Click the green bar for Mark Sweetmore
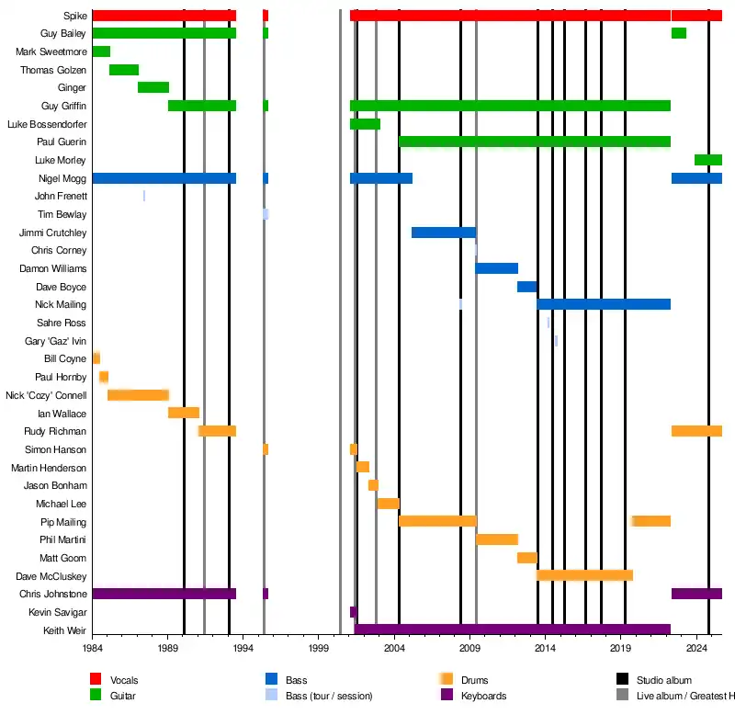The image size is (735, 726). tap(101, 51)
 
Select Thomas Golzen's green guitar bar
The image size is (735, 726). tap(124, 70)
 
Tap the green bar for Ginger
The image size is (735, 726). tap(153, 87)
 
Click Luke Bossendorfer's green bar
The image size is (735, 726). tap(365, 124)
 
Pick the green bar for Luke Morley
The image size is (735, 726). tap(707, 160)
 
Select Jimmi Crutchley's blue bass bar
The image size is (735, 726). tap(444, 233)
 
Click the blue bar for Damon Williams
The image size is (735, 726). tap(496, 268)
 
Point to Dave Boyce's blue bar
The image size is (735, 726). tap(526, 287)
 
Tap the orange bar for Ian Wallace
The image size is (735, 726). tap(184, 413)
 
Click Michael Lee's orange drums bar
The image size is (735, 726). tap(388, 504)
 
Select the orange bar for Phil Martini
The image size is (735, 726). tap(497, 539)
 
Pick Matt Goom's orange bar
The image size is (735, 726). tap(526, 558)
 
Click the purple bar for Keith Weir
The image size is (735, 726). tap(513, 630)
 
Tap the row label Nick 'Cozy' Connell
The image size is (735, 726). tap(46, 395)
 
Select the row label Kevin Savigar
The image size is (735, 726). tap(58, 612)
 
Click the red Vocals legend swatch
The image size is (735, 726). tap(96, 679)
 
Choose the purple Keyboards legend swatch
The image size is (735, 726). tap(447, 695)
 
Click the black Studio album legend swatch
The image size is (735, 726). tap(623, 679)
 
